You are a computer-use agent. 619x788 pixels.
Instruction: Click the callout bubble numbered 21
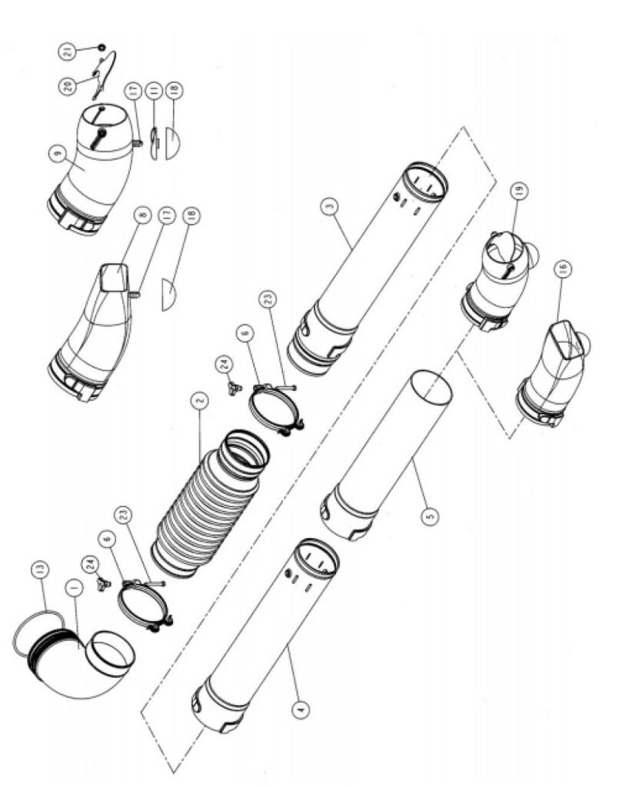coord(68,51)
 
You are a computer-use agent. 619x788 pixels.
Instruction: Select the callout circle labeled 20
coord(68,85)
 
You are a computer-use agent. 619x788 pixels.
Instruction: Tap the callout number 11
coord(153,92)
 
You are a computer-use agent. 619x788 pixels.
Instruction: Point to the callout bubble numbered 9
coord(58,153)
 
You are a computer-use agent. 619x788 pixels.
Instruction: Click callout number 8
coord(144,215)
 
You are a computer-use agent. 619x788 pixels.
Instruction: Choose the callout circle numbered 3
coord(330,205)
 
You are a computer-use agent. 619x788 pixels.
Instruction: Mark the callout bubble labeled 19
coord(519,191)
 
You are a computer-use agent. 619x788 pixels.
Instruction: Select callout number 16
coord(562,269)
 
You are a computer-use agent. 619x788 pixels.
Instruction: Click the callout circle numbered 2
coord(199,400)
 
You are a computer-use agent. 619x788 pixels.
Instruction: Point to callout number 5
coord(430,516)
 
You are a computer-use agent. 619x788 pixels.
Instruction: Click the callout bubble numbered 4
coord(301,709)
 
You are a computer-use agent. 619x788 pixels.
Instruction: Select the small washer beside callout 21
coord(102,47)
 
